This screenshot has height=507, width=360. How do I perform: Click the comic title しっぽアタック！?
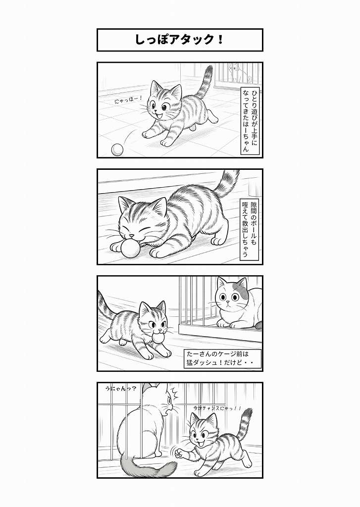tap(179, 40)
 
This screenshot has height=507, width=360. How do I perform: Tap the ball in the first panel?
tap(116, 149)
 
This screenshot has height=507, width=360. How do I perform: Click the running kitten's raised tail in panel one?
tap(205, 83)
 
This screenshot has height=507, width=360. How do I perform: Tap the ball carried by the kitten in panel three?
tap(158, 339)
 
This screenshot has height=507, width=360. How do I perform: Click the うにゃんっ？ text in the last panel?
tap(120, 389)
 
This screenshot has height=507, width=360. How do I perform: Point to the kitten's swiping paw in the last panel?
tap(179, 453)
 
